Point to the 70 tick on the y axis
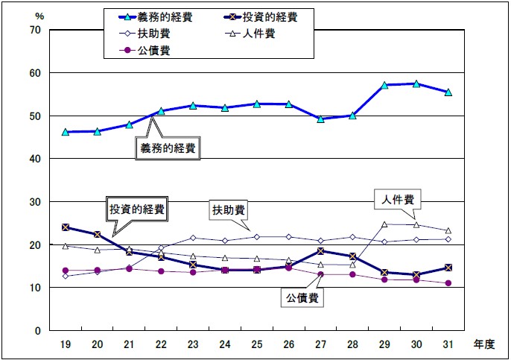point(34,30)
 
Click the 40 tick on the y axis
point(34,159)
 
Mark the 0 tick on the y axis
point(37,330)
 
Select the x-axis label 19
point(65,344)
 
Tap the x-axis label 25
point(256,344)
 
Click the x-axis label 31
point(448,344)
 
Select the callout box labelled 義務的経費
point(169,148)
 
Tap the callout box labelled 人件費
point(399,200)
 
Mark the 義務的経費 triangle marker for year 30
point(416,83)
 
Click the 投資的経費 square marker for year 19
point(66,227)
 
